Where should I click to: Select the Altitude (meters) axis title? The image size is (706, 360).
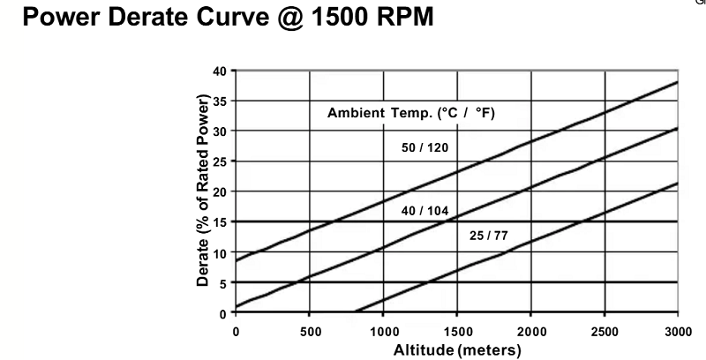point(455,349)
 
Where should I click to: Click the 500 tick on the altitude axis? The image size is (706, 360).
point(309,331)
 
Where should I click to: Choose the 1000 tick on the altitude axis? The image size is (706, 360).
point(383,331)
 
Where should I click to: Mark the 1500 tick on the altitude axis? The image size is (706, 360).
point(456,331)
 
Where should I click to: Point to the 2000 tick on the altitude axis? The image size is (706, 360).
point(530,331)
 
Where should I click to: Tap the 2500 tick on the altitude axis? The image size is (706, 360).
point(604,331)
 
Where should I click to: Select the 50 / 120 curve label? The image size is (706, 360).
point(424,147)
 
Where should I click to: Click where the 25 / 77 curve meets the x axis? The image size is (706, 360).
point(355,312)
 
